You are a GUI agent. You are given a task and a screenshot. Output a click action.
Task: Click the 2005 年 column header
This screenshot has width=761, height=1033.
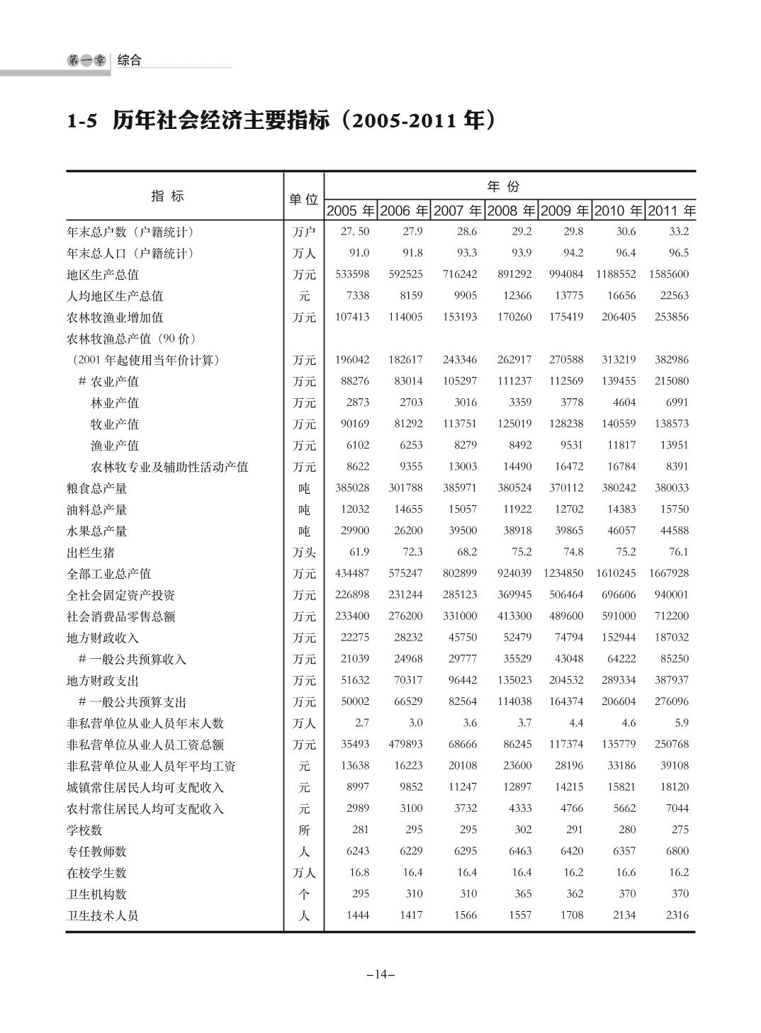pos(351,210)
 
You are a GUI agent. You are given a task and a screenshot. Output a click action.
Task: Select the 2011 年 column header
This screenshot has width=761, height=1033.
pos(671,210)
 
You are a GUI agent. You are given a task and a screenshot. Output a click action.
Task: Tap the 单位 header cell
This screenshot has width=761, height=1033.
pos(303,200)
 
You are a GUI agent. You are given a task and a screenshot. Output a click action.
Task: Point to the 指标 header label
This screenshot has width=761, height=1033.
pos(168,196)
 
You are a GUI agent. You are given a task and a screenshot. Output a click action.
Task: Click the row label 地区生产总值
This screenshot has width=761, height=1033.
pos(103,275)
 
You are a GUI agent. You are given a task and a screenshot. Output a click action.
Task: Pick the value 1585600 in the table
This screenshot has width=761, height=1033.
pos(669,274)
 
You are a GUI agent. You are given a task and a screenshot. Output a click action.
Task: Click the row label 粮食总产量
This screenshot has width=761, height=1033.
pos(97,488)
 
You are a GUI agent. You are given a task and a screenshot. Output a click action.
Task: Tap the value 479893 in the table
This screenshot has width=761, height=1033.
pos(405,744)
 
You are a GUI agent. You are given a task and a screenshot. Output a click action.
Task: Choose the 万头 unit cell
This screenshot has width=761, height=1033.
pos(304,552)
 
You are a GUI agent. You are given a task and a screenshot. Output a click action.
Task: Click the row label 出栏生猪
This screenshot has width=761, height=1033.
pos(91,552)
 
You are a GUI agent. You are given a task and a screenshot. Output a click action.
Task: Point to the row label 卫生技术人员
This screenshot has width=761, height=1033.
pos(103,915)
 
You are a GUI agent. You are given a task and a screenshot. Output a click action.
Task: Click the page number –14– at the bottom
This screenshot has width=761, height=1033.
pos(380,974)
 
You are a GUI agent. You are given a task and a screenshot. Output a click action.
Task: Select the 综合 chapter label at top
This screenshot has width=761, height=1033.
pos(130,60)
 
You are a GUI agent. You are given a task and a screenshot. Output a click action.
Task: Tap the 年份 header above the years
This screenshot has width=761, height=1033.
pos(503,186)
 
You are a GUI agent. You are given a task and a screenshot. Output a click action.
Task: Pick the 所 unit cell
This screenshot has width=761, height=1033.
pos(304,830)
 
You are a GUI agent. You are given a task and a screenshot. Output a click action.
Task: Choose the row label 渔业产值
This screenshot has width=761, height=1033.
pos(115,446)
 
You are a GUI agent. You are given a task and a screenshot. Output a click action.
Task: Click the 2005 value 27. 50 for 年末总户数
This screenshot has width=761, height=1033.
pos(355,232)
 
